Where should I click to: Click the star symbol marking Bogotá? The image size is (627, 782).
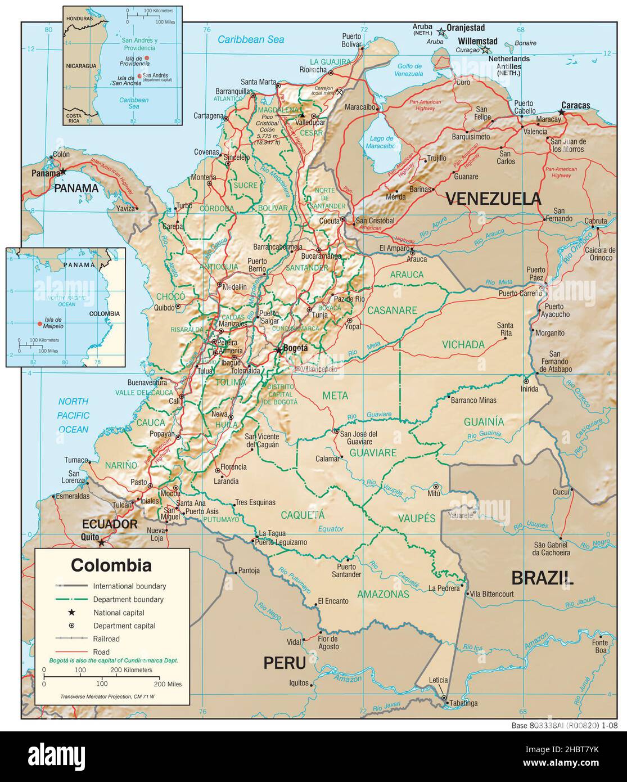[278, 350]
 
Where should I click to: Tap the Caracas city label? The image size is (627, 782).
[575, 105]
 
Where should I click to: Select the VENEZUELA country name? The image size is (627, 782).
[493, 199]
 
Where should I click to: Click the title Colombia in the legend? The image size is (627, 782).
[111, 564]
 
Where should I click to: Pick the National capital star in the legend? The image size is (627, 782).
[71, 613]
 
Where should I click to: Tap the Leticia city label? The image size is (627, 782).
[437, 680]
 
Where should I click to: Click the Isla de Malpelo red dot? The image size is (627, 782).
[39, 323]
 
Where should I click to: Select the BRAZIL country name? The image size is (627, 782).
[542, 578]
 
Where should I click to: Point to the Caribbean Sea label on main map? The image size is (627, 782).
[251, 39]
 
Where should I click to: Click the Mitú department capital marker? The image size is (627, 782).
[436, 486]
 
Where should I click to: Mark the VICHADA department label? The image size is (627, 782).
[463, 344]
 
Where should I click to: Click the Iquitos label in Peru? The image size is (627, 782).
[298, 683]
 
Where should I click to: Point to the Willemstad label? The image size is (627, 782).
[477, 41]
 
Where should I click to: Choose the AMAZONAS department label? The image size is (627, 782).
[383, 594]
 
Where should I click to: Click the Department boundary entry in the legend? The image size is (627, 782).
[129, 600]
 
